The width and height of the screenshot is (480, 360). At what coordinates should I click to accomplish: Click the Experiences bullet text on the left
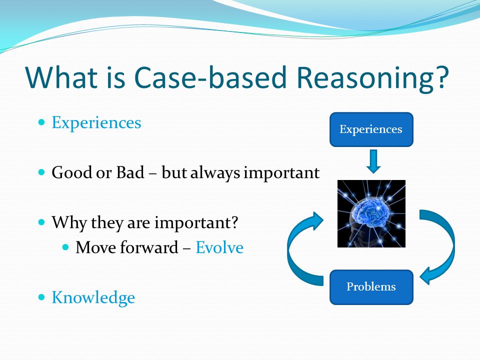click(x=96, y=123)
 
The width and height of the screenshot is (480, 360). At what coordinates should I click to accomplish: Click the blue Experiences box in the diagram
click(x=371, y=129)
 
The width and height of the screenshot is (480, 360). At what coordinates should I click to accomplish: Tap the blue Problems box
click(x=371, y=287)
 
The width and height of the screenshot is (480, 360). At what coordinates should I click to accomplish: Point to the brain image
click(x=371, y=213)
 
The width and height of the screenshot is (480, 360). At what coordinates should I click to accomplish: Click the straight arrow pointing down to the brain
click(x=373, y=161)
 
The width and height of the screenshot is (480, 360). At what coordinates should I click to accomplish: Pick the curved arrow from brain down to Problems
click(x=450, y=242)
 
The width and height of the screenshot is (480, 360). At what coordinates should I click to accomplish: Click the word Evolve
click(x=219, y=247)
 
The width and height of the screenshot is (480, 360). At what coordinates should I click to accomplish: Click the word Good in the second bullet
click(x=71, y=172)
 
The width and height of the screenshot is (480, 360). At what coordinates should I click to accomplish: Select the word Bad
click(x=130, y=172)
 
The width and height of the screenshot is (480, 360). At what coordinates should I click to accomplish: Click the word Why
click(x=69, y=222)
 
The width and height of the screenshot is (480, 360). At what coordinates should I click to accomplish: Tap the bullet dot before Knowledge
click(x=41, y=297)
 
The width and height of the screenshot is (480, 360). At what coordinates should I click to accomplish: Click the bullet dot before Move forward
click(x=65, y=246)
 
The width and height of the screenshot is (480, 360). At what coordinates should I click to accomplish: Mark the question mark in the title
click(x=441, y=76)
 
